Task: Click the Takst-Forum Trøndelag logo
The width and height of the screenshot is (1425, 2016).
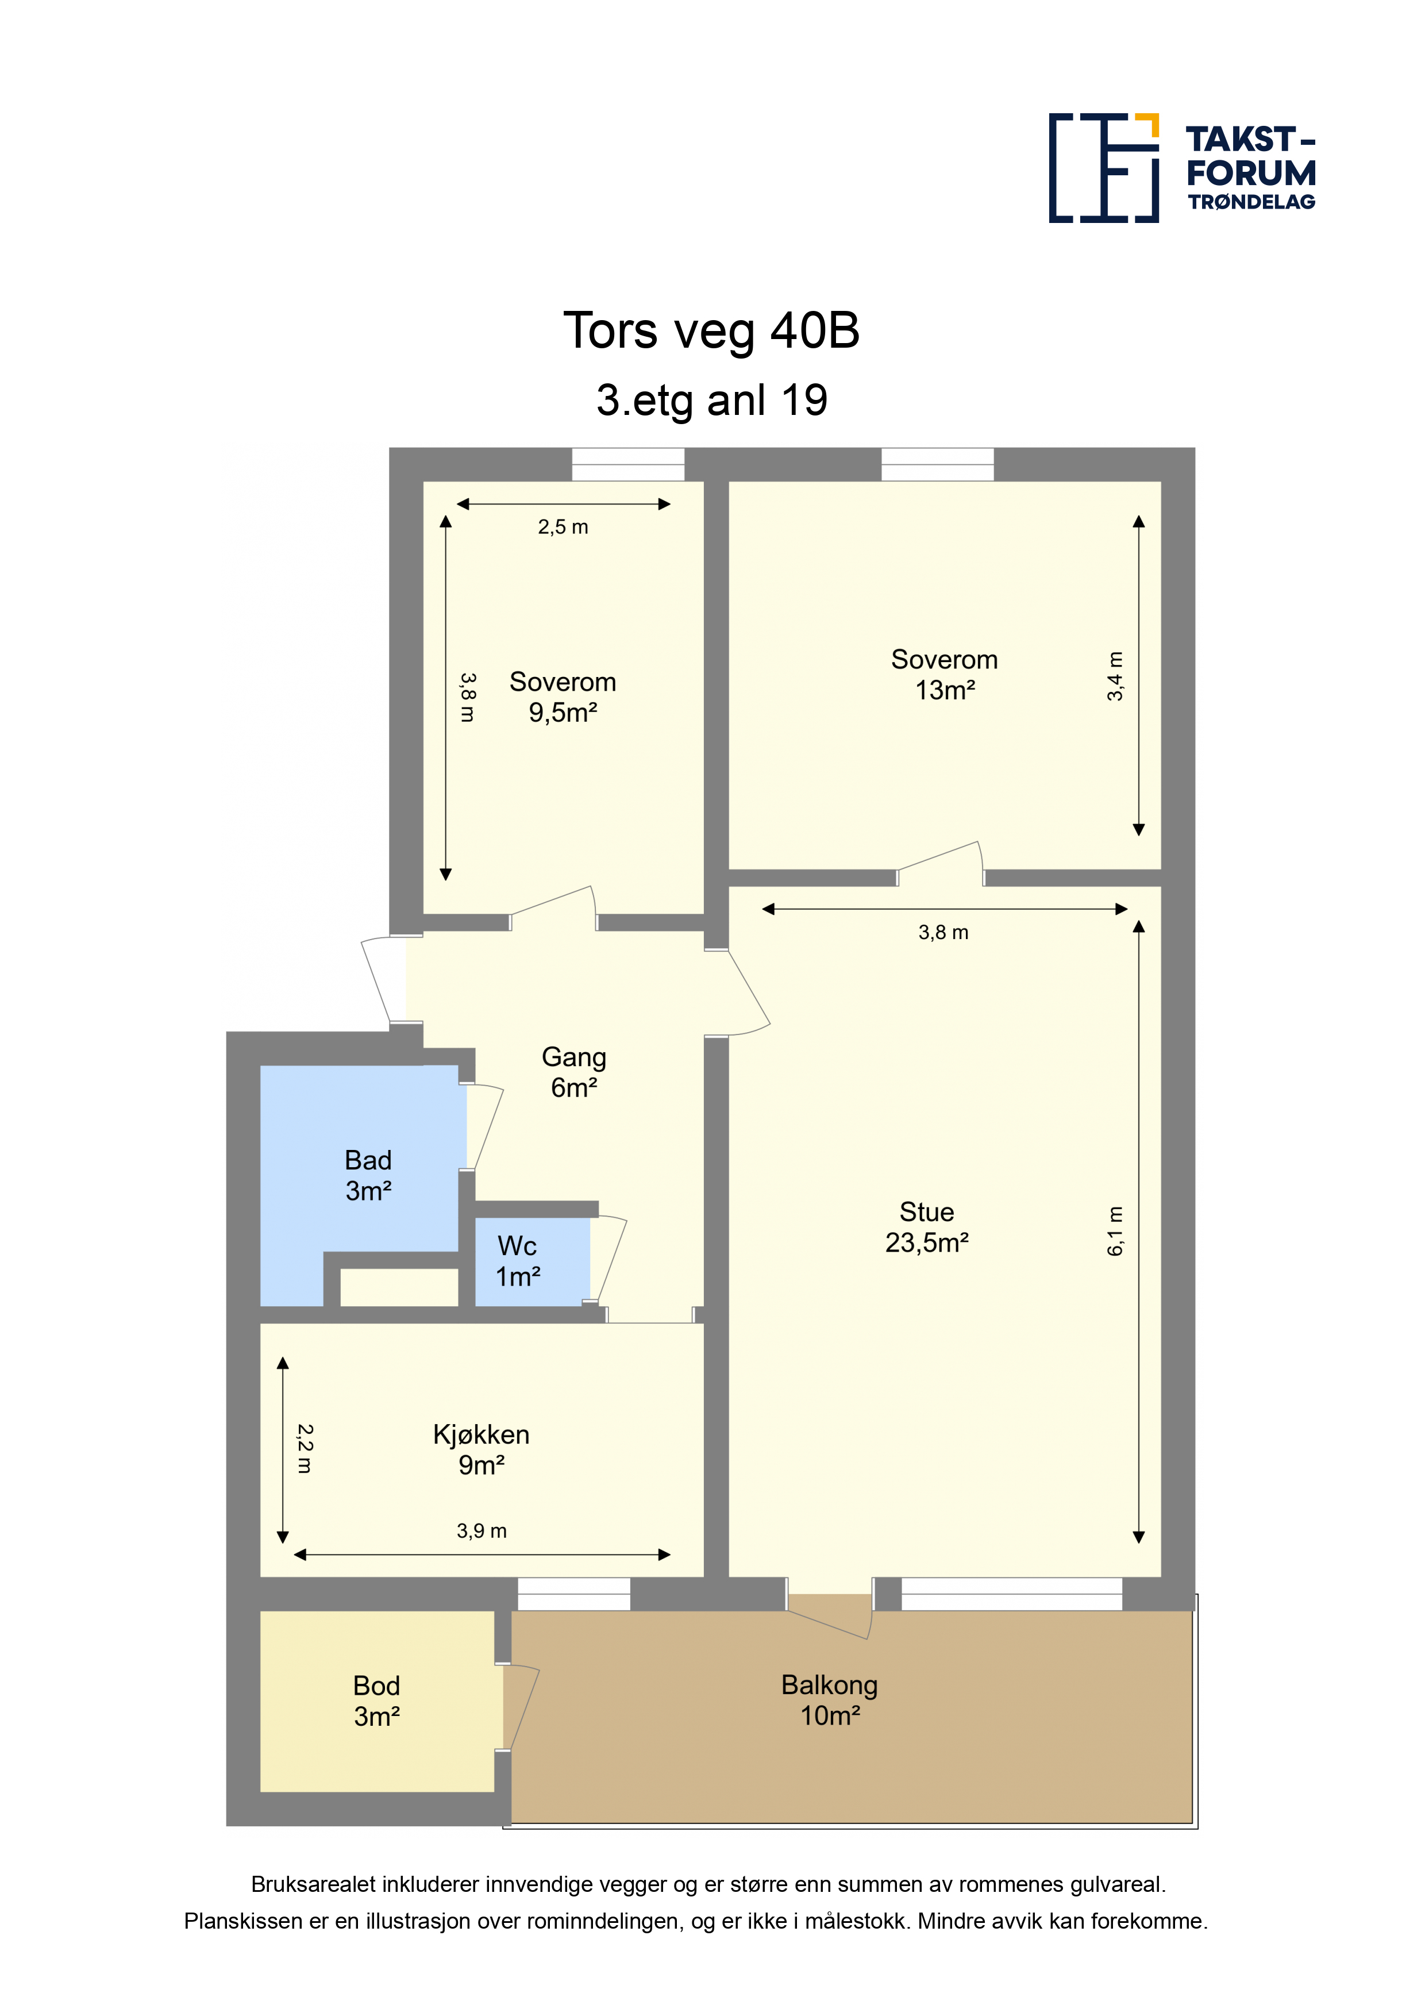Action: point(1182,168)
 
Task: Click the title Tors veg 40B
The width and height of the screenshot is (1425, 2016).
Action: point(711,331)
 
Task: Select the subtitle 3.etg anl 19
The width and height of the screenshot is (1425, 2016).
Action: point(712,401)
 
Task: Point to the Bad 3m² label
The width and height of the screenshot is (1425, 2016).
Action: point(368,1175)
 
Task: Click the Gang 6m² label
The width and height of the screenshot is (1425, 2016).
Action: point(574,1072)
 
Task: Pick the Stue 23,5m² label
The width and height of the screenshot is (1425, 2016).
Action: point(926,1226)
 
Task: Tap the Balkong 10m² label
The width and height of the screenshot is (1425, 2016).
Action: point(830,1700)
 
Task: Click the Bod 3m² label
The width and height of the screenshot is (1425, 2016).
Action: point(377,1700)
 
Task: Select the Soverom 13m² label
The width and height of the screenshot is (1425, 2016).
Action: point(945,674)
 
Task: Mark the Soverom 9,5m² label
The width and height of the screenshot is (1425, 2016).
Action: point(563,697)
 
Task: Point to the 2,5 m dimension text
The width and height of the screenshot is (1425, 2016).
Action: point(563,527)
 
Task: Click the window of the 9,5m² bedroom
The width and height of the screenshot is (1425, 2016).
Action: point(628,464)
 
